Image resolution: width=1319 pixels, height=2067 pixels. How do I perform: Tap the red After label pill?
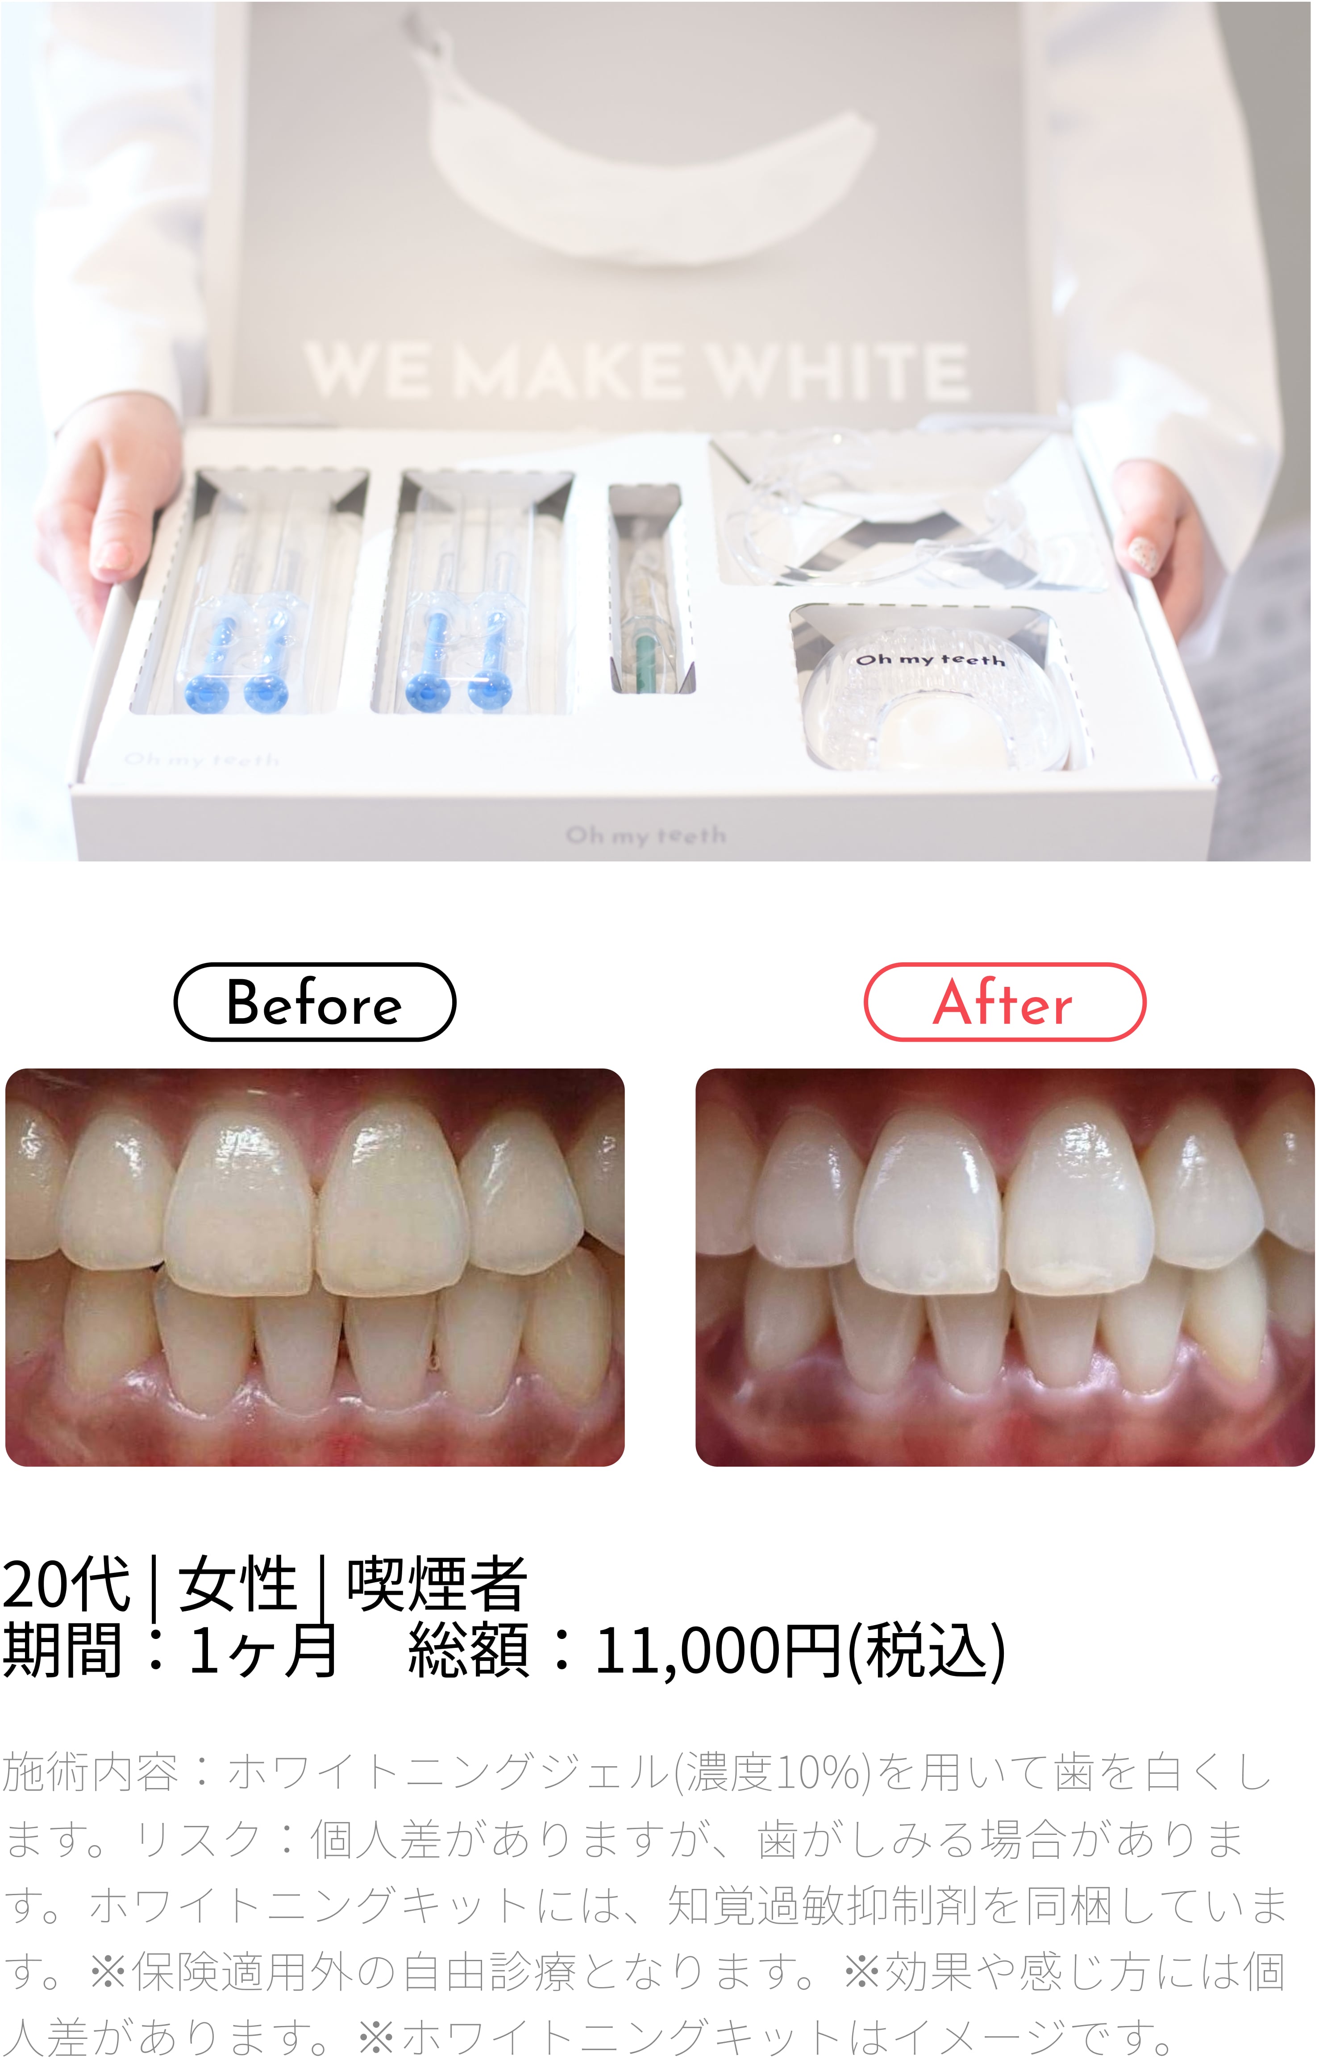click(1004, 1002)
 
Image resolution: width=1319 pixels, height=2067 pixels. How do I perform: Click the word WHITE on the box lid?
click(840, 372)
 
